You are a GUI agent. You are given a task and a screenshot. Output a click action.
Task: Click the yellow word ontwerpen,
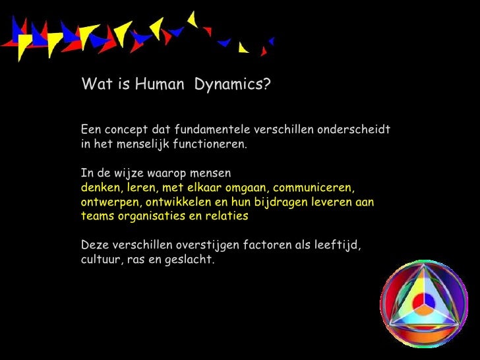[109, 202]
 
